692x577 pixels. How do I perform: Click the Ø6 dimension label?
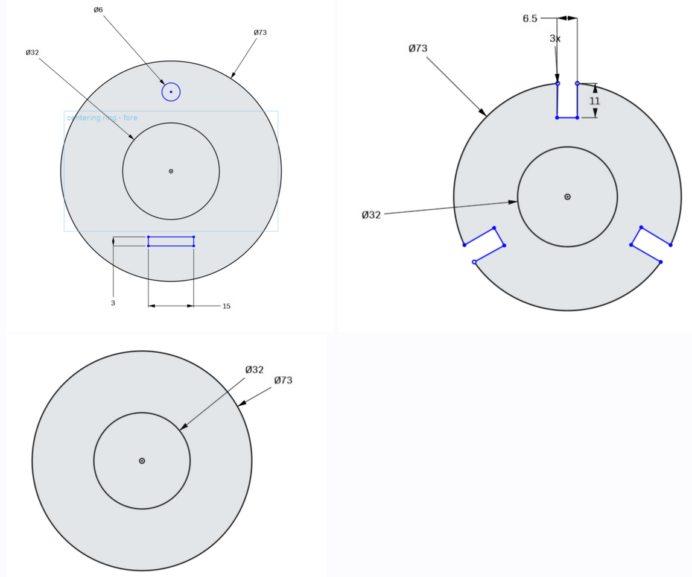98,10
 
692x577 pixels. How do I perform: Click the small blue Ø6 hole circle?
171,92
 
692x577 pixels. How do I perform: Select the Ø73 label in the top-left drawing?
260,32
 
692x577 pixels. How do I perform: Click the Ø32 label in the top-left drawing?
32,52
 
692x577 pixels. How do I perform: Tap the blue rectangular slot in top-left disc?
171,241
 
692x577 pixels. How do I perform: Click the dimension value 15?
226,306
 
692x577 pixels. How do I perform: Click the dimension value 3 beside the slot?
113,303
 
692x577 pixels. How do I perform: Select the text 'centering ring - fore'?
102,118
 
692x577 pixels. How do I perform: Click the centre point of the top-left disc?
171,171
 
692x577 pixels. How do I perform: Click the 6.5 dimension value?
530,19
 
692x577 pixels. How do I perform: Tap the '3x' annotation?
554,39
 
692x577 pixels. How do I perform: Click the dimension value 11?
595,101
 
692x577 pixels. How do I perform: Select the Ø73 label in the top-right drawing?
419,49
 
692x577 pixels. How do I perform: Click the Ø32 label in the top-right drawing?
371,215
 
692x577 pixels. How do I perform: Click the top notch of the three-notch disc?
567,101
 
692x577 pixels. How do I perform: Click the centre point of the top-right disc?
567,197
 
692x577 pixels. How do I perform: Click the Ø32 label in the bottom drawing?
254,370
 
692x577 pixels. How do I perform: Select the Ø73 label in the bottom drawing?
283,380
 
